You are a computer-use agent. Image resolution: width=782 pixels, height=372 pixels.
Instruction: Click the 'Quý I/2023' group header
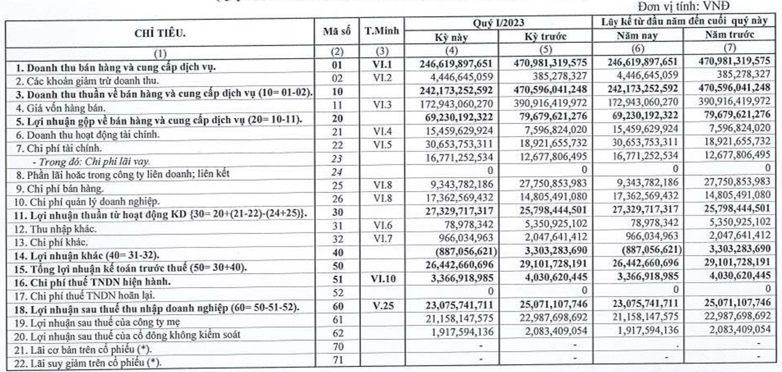[499, 24]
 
